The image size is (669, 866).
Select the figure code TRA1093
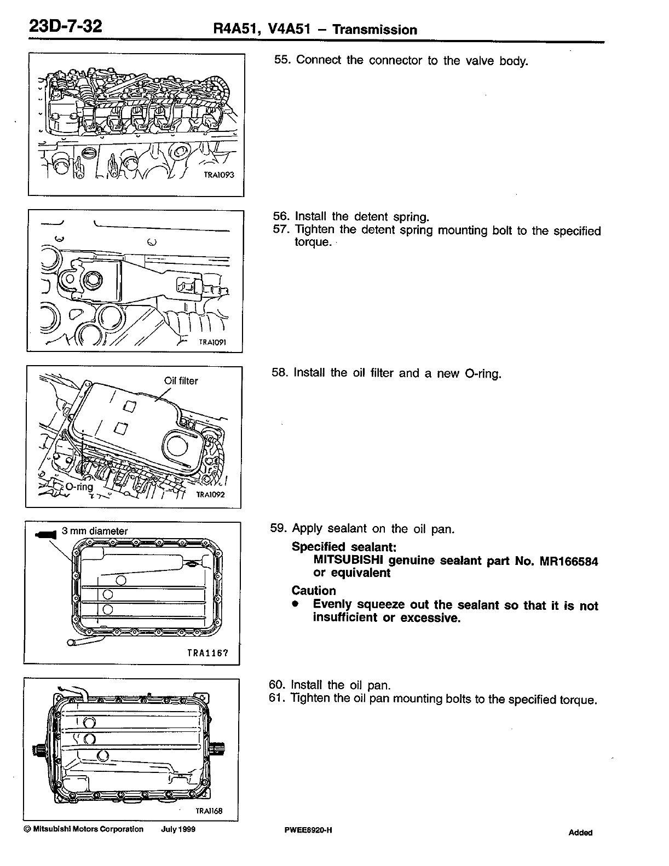[218, 175]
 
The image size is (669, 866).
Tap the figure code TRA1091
[212, 342]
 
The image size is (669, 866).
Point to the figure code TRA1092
[211, 494]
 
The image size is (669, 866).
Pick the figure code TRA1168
[209, 811]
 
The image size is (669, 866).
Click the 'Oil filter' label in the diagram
[181, 380]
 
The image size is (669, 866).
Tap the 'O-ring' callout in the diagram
[79, 486]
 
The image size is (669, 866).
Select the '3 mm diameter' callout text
[95, 531]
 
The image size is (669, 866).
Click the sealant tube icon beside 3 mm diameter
[46, 534]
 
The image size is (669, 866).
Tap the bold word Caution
[314, 591]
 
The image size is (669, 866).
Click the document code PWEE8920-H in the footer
[308, 830]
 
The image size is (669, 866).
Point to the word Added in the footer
[580, 833]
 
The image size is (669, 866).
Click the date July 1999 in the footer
[178, 829]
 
